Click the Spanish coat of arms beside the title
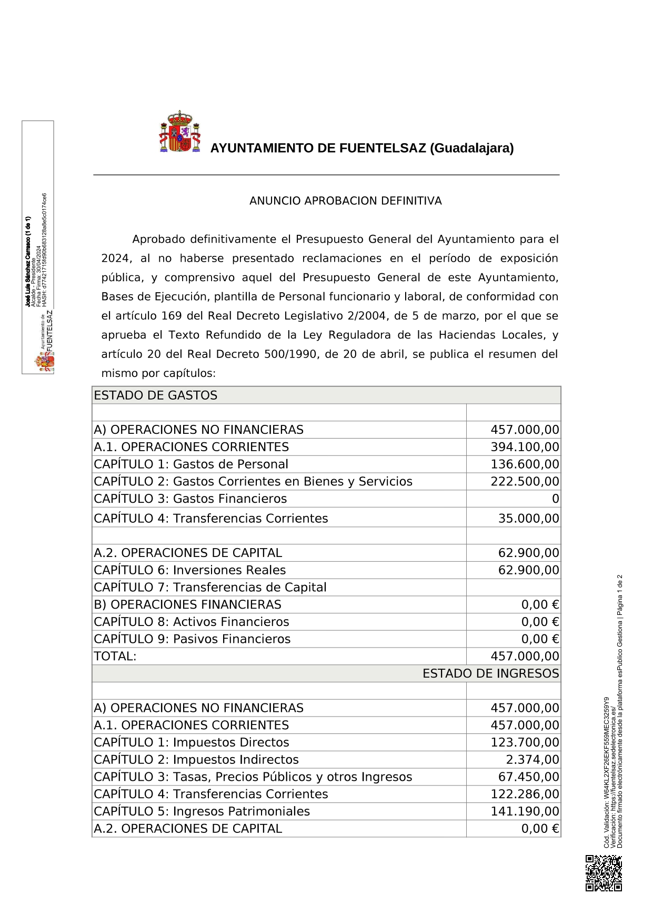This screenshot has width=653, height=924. tap(179, 132)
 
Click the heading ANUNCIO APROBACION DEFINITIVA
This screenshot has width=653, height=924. tap(345, 201)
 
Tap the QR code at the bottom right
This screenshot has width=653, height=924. tap(604, 873)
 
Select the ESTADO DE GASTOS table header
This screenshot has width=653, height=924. tap(156, 395)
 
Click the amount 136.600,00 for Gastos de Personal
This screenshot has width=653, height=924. tap(525, 464)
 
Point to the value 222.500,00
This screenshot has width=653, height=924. tap(525, 482)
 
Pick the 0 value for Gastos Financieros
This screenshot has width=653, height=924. tap(555, 499)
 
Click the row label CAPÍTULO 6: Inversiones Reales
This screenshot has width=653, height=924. tap(189, 570)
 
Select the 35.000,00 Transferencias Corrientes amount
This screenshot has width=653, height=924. tap(528, 519)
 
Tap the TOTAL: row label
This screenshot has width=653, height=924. tap(115, 657)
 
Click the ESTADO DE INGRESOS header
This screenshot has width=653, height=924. tap(490, 674)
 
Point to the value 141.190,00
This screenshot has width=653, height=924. tap(525, 811)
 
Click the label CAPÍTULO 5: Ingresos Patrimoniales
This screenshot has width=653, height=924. tap(202, 811)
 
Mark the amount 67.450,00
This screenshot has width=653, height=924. tap(528, 777)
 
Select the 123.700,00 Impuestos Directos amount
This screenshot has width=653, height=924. tap(525, 742)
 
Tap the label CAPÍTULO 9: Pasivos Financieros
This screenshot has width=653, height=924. tap(192, 639)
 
